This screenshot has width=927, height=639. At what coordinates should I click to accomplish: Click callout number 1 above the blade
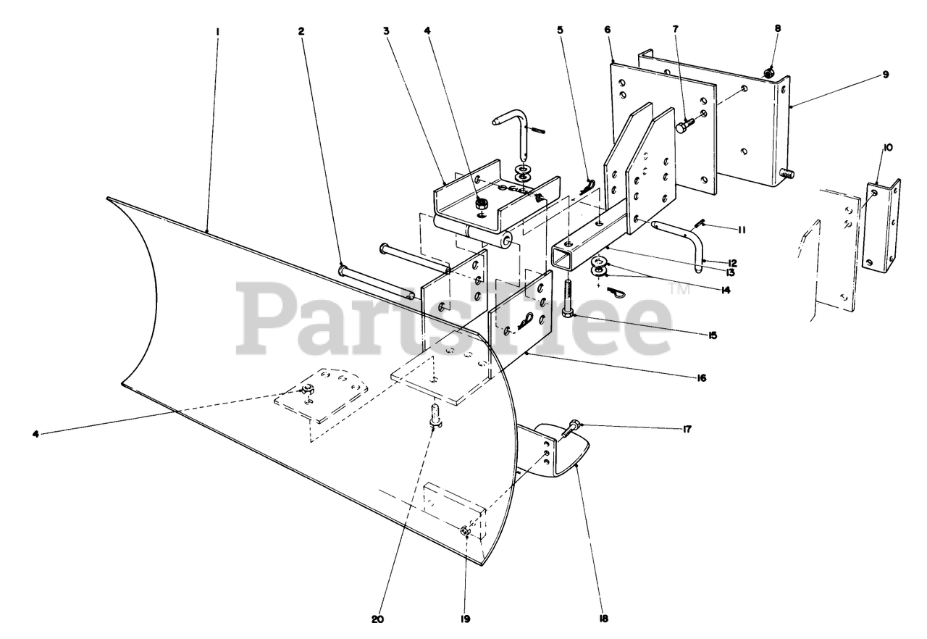tap(217, 31)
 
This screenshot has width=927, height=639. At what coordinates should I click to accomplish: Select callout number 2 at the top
tap(301, 31)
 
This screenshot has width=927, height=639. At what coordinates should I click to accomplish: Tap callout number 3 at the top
tap(387, 31)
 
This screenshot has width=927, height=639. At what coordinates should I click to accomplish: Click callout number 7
tap(676, 30)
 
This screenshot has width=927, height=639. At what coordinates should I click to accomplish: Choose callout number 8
tap(778, 29)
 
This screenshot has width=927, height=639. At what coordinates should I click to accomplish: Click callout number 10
tap(888, 148)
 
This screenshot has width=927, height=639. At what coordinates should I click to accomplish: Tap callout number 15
tap(713, 335)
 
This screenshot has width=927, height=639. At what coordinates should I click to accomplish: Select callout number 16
tap(701, 378)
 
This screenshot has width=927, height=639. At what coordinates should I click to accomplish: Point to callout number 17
tap(687, 429)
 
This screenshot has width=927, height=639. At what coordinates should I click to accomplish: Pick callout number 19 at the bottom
tap(465, 619)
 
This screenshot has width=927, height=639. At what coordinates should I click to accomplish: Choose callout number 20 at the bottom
tap(377, 619)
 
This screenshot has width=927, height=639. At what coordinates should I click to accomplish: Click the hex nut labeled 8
tap(770, 71)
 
